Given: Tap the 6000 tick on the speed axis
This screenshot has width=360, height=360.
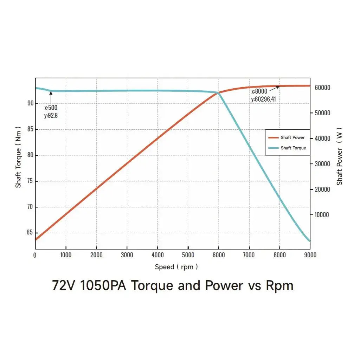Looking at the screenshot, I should tap(219, 255).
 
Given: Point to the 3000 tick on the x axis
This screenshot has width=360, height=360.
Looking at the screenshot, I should tap(127, 255).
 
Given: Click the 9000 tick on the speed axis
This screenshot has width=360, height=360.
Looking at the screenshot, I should tap(310, 255).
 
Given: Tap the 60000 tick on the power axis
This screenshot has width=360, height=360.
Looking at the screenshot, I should tap(322, 88).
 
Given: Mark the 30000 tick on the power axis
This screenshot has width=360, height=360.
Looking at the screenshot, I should tap(322, 164).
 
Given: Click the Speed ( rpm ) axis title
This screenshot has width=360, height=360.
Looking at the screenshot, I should tap(176, 267).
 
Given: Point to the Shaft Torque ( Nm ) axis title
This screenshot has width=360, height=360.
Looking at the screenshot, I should tap(18, 157).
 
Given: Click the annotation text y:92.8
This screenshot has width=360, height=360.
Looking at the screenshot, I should tap(51, 115).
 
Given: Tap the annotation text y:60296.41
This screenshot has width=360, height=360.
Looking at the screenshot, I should tap(263, 99).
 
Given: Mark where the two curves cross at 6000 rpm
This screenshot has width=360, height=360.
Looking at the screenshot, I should tap(218, 93).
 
